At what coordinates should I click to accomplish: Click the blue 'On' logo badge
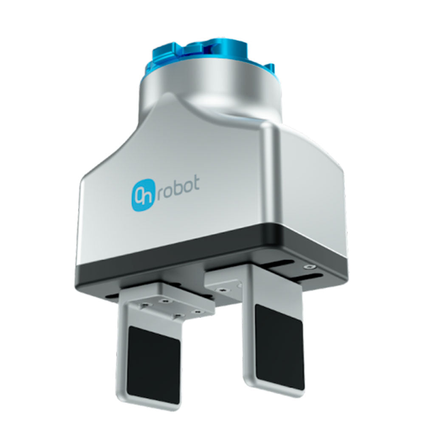143,195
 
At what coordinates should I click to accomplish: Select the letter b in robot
178,187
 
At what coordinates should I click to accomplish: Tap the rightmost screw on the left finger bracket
198,312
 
